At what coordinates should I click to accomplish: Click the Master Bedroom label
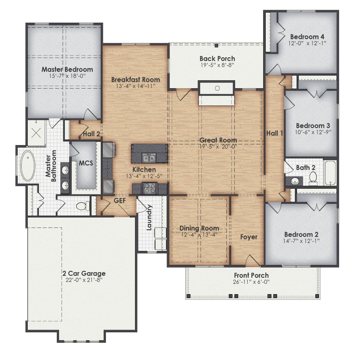67,69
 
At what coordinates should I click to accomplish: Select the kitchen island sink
149,158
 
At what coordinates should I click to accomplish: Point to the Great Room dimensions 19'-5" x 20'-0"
218,147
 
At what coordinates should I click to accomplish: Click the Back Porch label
217,58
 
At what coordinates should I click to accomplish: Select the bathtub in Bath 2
330,173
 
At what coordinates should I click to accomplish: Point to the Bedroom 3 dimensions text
313,132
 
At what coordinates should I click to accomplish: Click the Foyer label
249,237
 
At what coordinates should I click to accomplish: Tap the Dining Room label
199,228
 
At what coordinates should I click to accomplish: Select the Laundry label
150,217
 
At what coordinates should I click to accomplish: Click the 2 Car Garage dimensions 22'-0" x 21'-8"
83,280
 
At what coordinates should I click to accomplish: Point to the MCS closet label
86,163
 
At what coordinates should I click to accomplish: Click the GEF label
120,201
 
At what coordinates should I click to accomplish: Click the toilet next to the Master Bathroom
81,206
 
